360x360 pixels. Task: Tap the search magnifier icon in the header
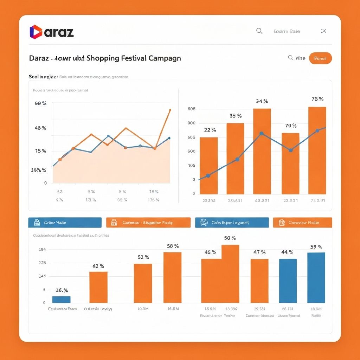point(259,31)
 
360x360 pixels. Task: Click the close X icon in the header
point(324,31)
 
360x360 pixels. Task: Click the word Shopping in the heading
point(103,58)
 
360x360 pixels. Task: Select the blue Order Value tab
point(65,223)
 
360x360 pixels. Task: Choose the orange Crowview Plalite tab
point(302,223)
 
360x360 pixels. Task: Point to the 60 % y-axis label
point(40,103)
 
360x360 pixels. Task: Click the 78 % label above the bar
point(317,99)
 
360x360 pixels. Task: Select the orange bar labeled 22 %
point(209,165)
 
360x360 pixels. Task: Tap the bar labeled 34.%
point(262,151)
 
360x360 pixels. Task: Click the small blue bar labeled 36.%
point(61,299)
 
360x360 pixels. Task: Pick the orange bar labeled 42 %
point(98,287)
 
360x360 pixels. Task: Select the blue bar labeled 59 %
point(316,277)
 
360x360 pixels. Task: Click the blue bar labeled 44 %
point(288,281)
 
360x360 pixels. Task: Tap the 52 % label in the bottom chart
point(143,257)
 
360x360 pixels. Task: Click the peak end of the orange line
point(170,110)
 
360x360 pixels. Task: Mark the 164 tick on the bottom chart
point(42,249)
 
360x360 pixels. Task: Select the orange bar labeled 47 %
point(259,281)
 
